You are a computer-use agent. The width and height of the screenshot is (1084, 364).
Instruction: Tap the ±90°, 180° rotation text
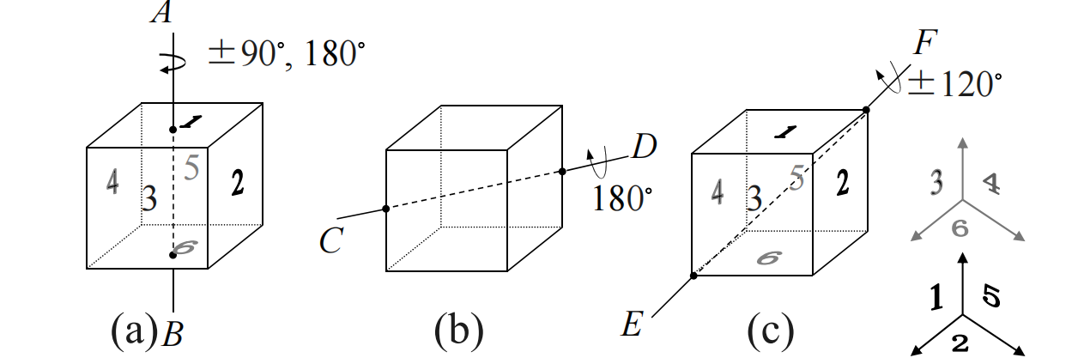pyautogui.click(x=285, y=57)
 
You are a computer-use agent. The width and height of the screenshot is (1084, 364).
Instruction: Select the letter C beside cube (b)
pyautogui.click(x=330, y=241)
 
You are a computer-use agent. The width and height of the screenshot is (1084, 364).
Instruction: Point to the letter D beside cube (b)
pyautogui.click(x=645, y=148)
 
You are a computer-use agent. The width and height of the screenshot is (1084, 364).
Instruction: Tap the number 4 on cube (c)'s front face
pyautogui.click(x=718, y=191)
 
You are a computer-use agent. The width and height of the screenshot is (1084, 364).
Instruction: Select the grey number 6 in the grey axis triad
pyautogui.click(x=960, y=227)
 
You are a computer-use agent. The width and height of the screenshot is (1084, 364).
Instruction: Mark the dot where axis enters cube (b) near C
pyautogui.click(x=386, y=209)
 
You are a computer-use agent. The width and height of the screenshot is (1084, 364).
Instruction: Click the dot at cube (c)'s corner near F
pyautogui.click(x=866, y=110)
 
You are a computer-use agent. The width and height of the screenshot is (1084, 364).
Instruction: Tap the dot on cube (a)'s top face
pyautogui.click(x=173, y=130)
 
